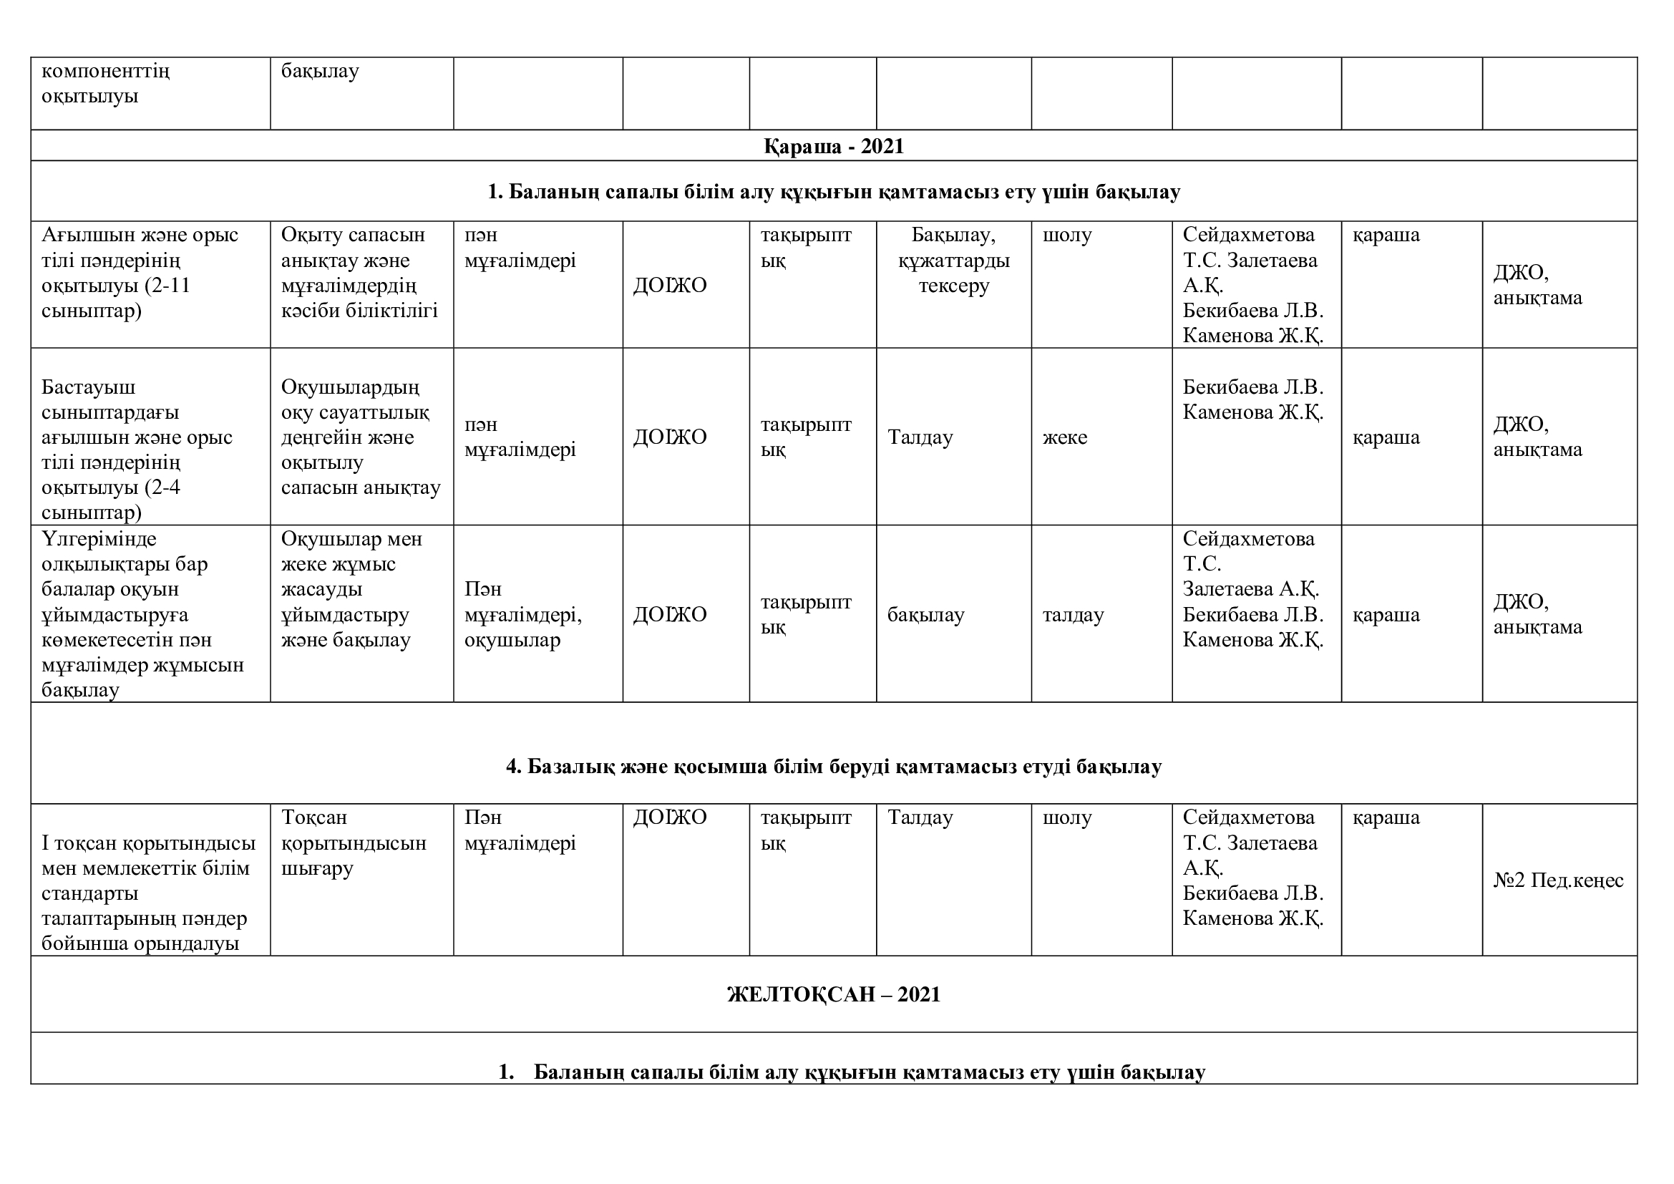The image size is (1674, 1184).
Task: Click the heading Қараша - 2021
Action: click(833, 147)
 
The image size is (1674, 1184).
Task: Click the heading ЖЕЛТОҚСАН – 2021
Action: click(833, 994)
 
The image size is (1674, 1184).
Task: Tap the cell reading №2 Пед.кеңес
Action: click(1558, 880)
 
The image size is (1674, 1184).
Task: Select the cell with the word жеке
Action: click(1064, 437)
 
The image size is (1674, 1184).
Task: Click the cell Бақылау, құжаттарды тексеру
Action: click(953, 261)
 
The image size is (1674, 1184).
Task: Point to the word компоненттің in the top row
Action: click(106, 72)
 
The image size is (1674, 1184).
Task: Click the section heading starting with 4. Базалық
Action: click(833, 766)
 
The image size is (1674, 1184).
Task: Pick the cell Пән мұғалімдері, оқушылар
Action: click(522, 615)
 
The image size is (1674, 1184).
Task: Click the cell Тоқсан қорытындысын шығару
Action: click(354, 843)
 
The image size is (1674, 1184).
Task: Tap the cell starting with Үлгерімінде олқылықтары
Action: click(142, 614)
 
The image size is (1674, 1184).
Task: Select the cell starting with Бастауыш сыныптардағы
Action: click(137, 450)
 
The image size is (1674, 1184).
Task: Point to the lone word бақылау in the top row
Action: click(320, 72)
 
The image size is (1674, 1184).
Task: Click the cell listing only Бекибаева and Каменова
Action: click(1252, 399)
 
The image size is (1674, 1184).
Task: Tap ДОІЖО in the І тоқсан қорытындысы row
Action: click(669, 817)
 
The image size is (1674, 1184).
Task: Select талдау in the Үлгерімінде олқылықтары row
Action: click(1073, 615)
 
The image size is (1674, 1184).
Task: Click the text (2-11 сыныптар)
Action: click(117, 299)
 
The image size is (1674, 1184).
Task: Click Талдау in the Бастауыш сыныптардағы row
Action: click(920, 437)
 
